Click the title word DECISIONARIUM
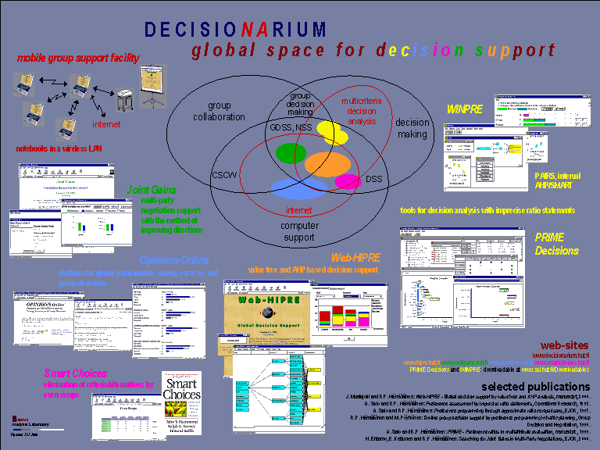tap(235, 30)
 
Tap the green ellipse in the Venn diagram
tap(291, 152)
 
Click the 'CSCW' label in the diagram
tap(223, 176)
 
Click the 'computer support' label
tap(300, 232)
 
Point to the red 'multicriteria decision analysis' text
tap(360, 110)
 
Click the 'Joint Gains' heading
tap(151, 189)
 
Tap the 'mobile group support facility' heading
tap(78, 58)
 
